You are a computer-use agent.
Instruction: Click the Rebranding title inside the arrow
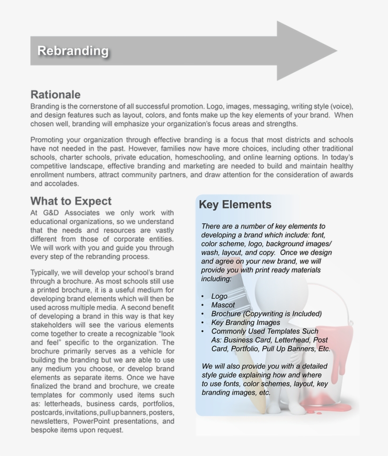point(73,51)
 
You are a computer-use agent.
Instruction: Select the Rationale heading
point(55,95)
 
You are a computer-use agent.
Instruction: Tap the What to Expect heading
point(71,201)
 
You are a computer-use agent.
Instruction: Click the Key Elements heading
point(235,205)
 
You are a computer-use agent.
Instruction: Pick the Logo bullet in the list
point(219,297)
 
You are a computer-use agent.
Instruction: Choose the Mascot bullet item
point(223,305)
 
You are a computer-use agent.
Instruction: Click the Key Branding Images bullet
point(246,323)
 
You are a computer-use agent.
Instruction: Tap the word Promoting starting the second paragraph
point(49,140)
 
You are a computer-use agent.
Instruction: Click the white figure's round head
point(274,289)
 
